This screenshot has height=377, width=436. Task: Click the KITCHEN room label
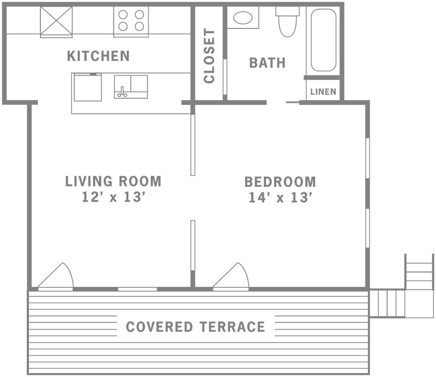[98, 56]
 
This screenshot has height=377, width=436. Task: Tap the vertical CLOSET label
[209, 56]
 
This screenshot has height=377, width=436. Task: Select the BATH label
[267, 63]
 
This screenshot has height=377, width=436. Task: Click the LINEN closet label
[323, 91]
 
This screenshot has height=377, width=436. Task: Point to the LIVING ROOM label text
[113, 181]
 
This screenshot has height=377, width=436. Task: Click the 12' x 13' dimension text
[114, 197]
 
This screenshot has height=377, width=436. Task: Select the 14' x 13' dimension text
[280, 198]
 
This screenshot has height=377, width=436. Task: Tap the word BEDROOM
[280, 182]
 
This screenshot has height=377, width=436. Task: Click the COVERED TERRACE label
[195, 327]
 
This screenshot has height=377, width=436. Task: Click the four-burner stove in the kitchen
[131, 22]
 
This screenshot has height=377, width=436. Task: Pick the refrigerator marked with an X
[56, 22]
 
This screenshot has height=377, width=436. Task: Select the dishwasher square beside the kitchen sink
[88, 87]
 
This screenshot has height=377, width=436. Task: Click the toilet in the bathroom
[287, 22]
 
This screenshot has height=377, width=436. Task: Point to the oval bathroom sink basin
[243, 17]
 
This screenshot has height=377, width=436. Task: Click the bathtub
[324, 40]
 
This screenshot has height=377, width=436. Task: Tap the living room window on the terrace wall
[138, 289]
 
